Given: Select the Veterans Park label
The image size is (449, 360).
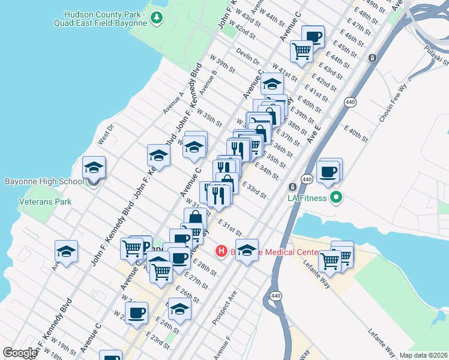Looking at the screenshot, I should pos(45,202).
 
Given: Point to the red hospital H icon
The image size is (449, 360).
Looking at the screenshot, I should pos(221,250).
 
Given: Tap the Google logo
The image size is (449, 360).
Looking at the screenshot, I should pos(20,353).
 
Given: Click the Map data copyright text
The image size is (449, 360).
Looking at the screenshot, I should pos(424,355).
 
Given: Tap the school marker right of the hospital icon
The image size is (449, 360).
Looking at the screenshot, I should pos(246,251).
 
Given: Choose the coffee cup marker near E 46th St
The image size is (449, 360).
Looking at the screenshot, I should pos(313,37).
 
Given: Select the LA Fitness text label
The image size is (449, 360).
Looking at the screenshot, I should pos(307,197).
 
